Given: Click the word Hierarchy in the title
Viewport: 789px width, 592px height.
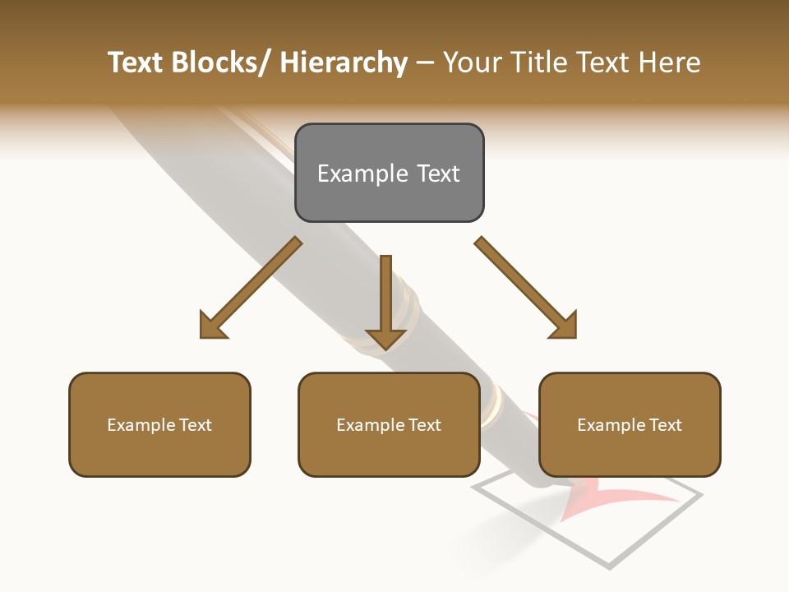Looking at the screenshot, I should pos(344,62).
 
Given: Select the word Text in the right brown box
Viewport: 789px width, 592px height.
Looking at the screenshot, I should pos(665,425).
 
